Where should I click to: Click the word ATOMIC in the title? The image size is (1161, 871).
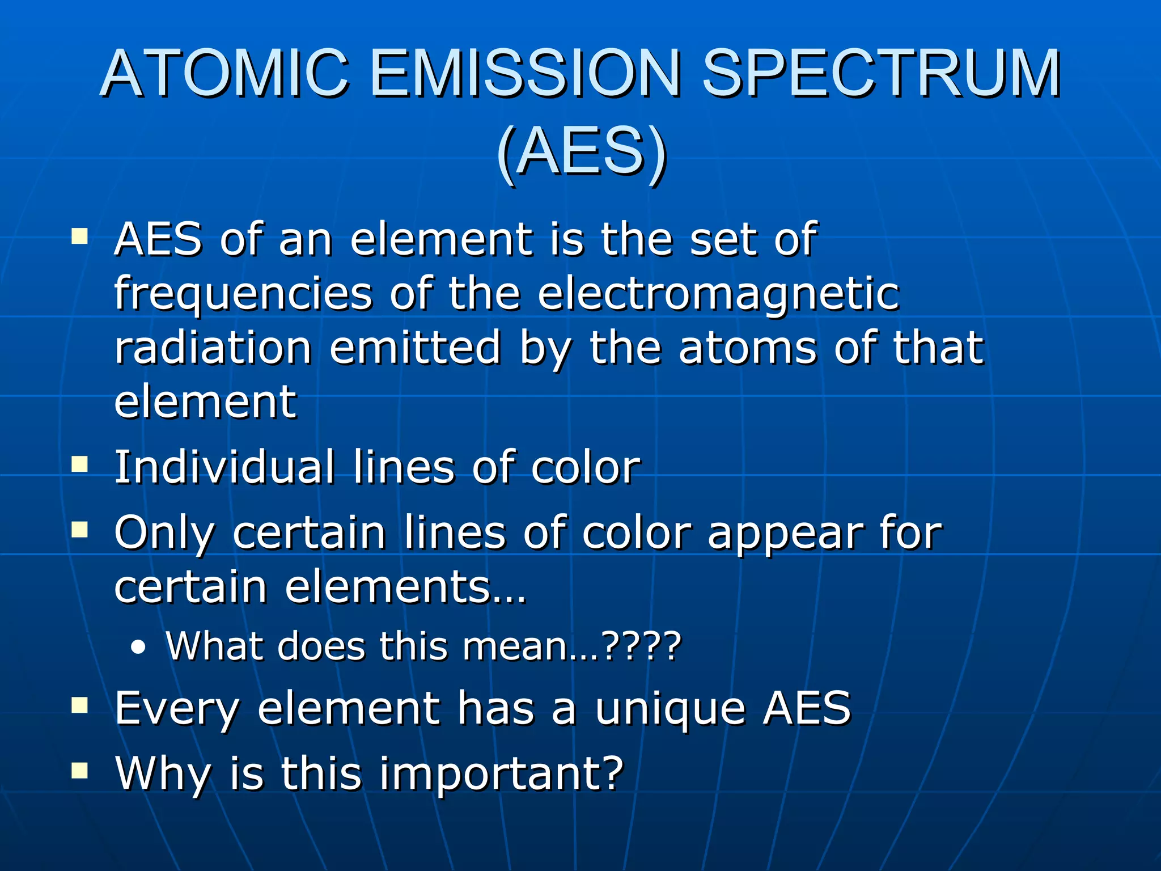(225, 74)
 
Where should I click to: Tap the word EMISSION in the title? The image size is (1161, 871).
(525, 74)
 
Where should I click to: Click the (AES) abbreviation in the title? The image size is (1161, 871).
(581, 152)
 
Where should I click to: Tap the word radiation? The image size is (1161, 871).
(213, 348)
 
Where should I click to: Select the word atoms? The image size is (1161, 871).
(748, 348)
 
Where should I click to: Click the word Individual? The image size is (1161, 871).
(224, 467)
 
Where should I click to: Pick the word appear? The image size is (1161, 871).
(785, 533)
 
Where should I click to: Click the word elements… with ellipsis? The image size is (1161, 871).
(405, 587)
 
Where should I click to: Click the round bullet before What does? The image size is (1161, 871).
(138, 648)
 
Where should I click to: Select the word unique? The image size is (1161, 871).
(670, 708)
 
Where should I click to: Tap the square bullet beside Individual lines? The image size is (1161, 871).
(80, 465)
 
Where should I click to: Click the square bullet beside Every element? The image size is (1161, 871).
(80, 705)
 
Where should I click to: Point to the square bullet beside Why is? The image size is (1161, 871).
(80, 771)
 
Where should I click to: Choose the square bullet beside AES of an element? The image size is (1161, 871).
(80, 236)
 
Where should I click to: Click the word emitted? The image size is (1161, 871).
(415, 348)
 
